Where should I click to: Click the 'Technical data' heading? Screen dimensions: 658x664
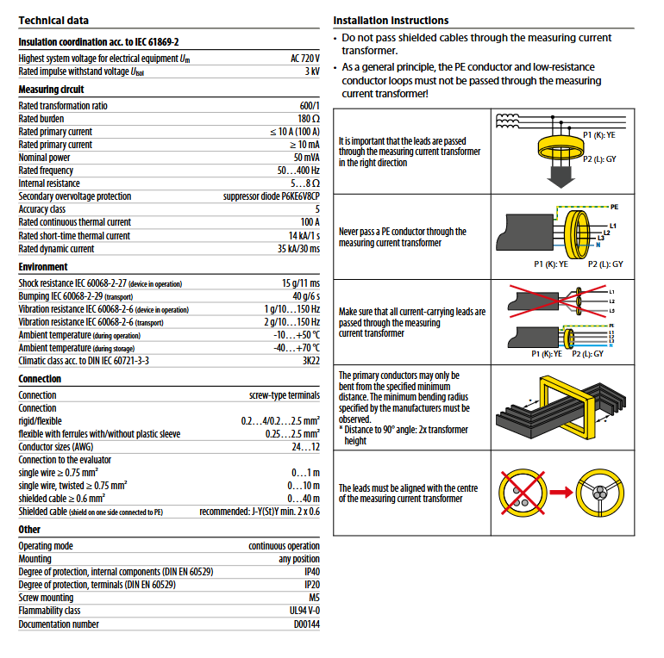53,20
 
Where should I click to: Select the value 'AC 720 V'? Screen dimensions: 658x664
304,59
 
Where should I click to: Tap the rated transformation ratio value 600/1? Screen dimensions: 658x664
309,106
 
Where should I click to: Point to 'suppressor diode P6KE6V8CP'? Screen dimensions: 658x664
272,196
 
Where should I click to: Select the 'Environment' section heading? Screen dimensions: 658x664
43,267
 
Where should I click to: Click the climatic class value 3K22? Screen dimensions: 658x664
309,361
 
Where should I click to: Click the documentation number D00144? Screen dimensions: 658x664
306,624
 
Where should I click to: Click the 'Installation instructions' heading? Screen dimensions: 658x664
391,20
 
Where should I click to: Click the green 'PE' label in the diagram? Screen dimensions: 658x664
614,208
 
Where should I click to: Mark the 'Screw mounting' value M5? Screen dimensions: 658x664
313,598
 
